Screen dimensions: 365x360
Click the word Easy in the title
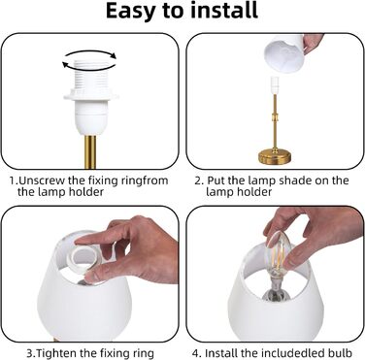[x=131, y=12]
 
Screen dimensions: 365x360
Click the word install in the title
[x=224, y=11]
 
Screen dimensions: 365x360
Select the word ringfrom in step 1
[x=145, y=180]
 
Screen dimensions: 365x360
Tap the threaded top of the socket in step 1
[x=90, y=77]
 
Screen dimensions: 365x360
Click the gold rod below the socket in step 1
[x=90, y=152]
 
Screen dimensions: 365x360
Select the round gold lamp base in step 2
[x=275, y=157]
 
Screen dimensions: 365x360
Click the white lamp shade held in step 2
[x=284, y=53]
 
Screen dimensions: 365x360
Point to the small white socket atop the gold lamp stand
[x=275, y=85]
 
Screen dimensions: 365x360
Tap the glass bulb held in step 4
[x=278, y=248]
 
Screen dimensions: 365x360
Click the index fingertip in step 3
[x=81, y=241]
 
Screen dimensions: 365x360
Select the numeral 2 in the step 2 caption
[x=198, y=180]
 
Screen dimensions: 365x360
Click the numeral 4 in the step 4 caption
[x=196, y=353]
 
